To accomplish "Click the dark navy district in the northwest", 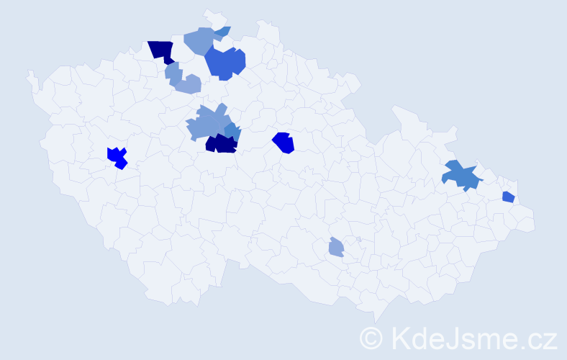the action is pyautogui.click(x=163, y=50).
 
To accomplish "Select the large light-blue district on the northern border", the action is pyautogui.click(x=200, y=40).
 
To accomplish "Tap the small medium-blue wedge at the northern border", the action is pyautogui.click(x=223, y=31).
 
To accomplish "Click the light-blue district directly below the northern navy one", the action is pyautogui.click(x=173, y=72).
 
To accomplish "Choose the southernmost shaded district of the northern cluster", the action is pyautogui.click(x=187, y=84).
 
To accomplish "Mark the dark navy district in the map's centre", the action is pyautogui.click(x=222, y=143).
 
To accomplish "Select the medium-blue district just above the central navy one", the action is pyautogui.click(x=232, y=130).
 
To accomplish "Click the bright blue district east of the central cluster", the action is pyautogui.click(x=284, y=142).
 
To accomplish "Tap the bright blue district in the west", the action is pyautogui.click(x=117, y=156).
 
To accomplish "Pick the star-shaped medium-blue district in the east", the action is pyautogui.click(x=461, y=175).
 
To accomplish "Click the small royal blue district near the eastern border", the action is pyautogui.click(x=508, y=197).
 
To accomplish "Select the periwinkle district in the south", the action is pyautogui.click(x=336, y=248).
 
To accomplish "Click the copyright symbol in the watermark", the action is pyautogui.click(x=371, y=338).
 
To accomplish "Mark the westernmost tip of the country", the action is pyautogui.click(x=28, y=73).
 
